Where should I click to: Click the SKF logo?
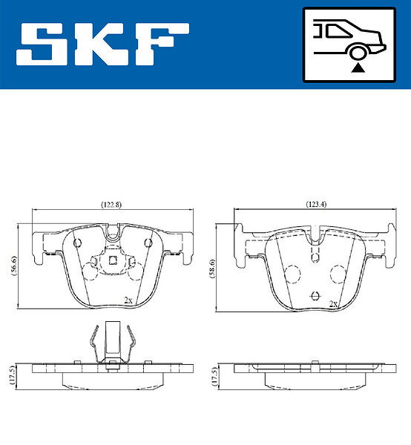tap(102, 44)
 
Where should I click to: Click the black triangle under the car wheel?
tap(358, 68)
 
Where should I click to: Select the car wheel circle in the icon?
tap(357, 53)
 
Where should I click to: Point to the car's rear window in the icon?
tap(338, 31)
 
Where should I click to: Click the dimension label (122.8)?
tap(111, 205)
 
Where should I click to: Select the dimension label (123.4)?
tap(316, 205)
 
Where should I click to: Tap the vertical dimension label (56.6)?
tap(14, 266)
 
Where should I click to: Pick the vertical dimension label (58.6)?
tap(212, 268)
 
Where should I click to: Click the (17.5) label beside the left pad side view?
tap(12, 375)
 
